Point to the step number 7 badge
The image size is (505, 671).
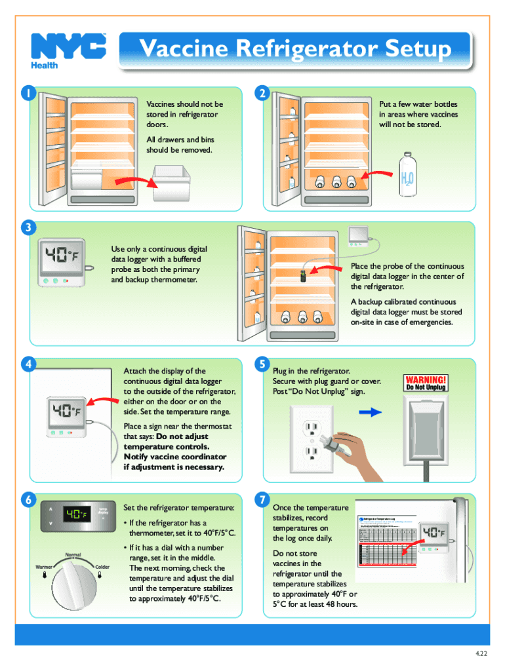(262, 500)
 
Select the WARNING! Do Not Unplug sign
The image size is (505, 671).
(426, 383)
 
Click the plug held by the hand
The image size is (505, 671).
(330, 442)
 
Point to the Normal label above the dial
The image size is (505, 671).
(73, 554)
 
